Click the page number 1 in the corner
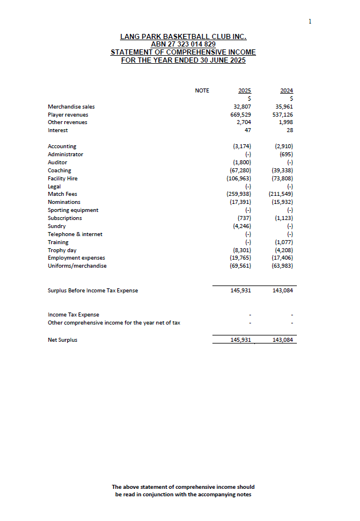coord(310,21)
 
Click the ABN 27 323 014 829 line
coord(183,44)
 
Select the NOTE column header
coord(202,91)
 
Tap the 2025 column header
coord(245,91)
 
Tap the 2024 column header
coord(287,91)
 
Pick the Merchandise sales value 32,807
coord(242,107)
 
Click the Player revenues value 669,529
coord(240,115)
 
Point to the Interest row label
coord(57,130)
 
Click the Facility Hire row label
coord(63,179)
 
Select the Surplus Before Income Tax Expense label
coord(92,291)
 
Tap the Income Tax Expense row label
coord(73,315)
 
